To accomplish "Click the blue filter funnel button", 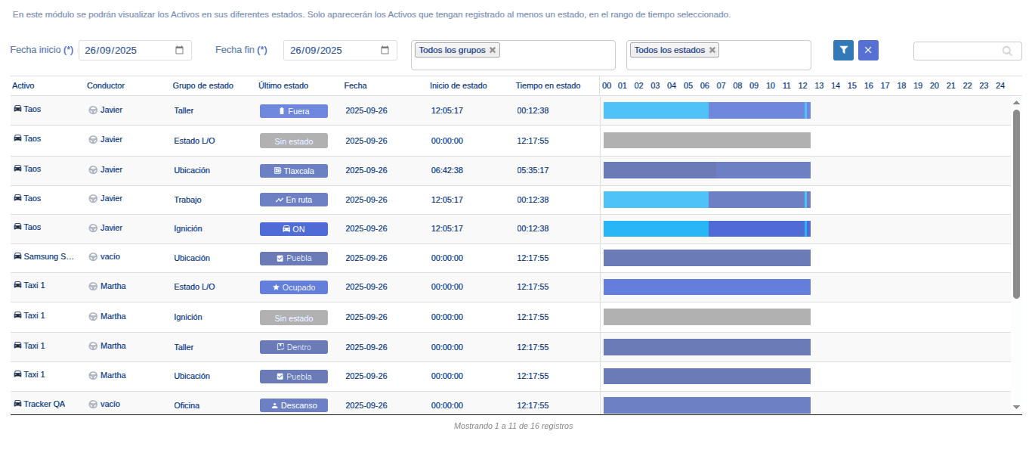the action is pyautogui.click(x=843, y=50).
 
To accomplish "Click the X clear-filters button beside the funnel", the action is pyautogui.click(x=868, y=50).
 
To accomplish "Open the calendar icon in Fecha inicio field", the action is pyautogui.click(x=179, y=50).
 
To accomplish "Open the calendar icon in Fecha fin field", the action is pyautogui.click(x=385, y=50).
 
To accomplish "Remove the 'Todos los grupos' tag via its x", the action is pyautogui.click(x=493, y=50).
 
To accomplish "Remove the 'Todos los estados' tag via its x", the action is pyautogui.click(x=712, y=50).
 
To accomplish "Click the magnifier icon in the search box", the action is pyautogui.click(x=1007, y=51).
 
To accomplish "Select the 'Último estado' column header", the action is pyautogui.click(x=283, y=85).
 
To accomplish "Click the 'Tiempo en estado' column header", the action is pyautogui.click(x=548, y=85).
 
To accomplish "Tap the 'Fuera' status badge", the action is pyautogui.click(x=294, y=111).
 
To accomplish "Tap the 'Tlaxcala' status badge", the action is pyautogui.click(x=294, y=171).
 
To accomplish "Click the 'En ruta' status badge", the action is pyautogui.click(x=294, y=200).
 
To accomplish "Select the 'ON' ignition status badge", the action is pyautogui.click(x=294, y=229).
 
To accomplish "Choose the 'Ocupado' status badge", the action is pyautogui.click(x=294, y=287).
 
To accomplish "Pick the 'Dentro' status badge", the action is pyautogui.click(x=294, y=347).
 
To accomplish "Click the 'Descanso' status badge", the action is pyautogui.click(x=294, y=405).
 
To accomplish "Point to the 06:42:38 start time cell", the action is pyautogui.click(x=447, y=170).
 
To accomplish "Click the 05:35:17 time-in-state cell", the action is pyautogui.click(x=533, y=170).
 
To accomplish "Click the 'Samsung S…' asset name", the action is pyautogui.click(x=48, y=256).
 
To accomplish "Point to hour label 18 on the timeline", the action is pyautogui.click(x=901, y=85).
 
